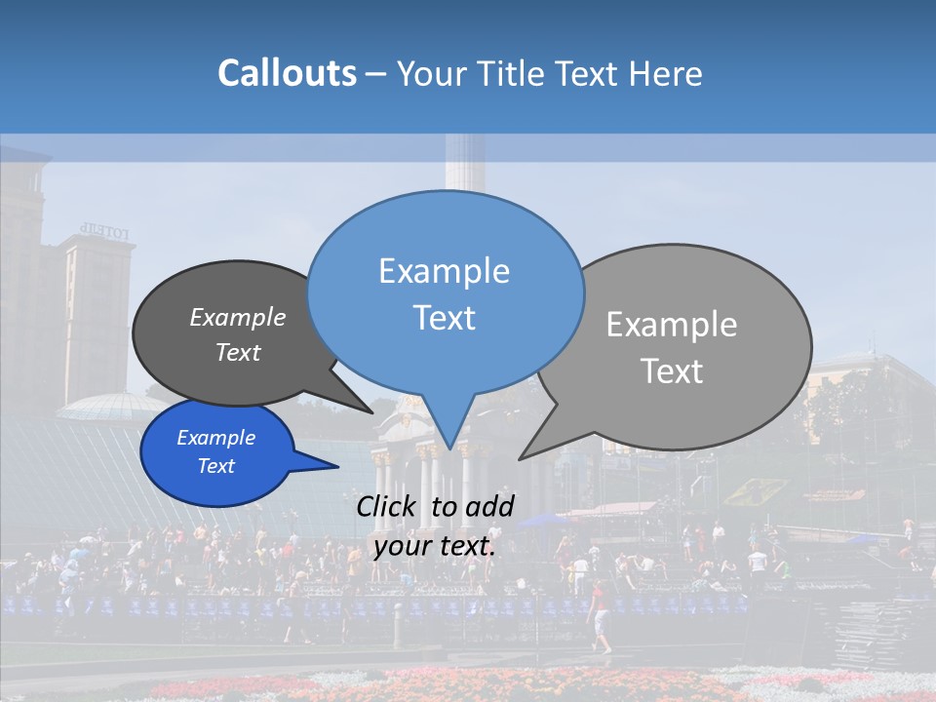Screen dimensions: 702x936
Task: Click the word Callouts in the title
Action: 287,73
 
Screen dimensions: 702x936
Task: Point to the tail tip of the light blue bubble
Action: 449,448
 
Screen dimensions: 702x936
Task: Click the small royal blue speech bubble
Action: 216,451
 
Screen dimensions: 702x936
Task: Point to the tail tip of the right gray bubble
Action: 521,457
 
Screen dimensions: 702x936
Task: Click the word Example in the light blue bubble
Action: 444,271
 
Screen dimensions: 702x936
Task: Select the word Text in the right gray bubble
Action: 672,370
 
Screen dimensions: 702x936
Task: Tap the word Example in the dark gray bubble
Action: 237,317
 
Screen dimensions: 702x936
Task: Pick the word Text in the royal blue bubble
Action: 215,466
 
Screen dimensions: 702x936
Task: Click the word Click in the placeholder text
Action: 389,506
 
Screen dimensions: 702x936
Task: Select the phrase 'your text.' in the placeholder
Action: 434,546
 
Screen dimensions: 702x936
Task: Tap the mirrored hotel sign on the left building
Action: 103,232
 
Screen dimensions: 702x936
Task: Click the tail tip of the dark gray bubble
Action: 372,412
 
